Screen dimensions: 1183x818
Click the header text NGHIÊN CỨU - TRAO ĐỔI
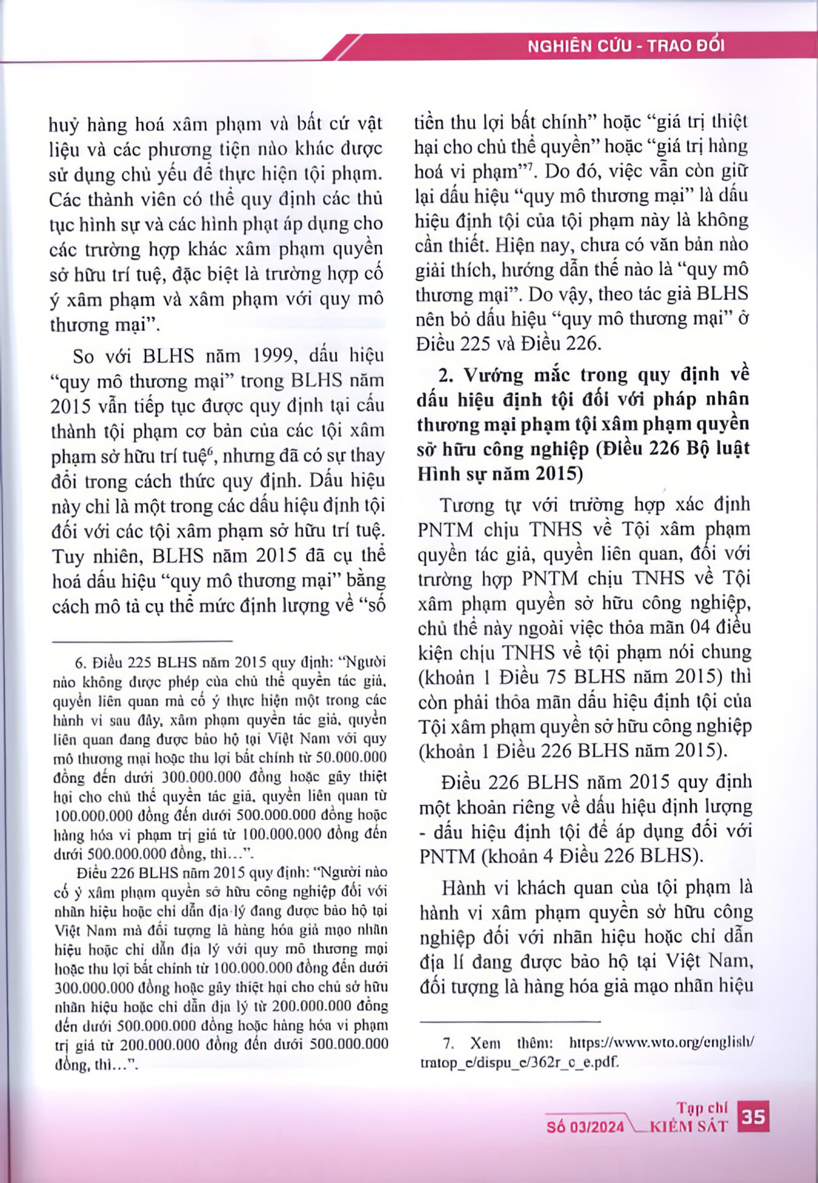tap(626, 46)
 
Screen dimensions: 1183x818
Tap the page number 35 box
tap(753, 1117)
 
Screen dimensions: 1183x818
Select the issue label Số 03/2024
tap(585, 1127)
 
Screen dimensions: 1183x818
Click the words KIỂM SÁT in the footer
tap(689, 1127)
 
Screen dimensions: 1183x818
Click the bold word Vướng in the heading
tap(493, 375)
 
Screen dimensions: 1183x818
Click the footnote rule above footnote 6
tap(142, 641)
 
